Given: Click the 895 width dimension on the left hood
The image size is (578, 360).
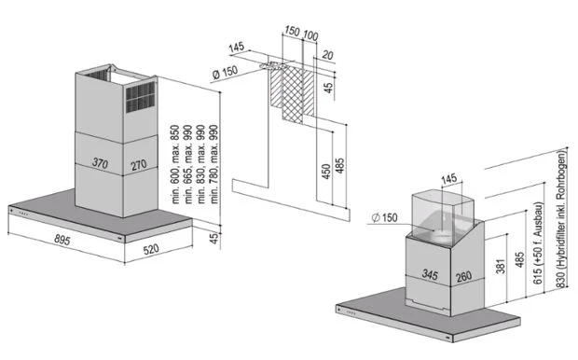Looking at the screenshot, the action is click(x=62, y=240).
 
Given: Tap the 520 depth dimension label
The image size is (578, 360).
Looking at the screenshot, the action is click(x=151, y=250).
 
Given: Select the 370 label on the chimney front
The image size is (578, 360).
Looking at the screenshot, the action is click(x=100, y=162).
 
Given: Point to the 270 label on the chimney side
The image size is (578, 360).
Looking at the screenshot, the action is click(x=139, y=165).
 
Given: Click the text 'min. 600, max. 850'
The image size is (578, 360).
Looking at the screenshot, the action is click(x=175, y=164).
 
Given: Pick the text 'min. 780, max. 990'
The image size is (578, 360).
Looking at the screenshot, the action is click(x=213, y=164).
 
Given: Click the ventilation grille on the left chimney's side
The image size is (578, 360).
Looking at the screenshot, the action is click(x=141, y=97).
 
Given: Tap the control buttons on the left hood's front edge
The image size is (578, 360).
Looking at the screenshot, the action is click(x=23, y=212).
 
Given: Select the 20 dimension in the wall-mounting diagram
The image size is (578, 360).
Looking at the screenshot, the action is click(x=327, y=55).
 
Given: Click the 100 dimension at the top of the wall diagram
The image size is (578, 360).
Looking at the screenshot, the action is click(x=310, y=35).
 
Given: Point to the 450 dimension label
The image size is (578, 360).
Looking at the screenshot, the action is click(x=326, y=172).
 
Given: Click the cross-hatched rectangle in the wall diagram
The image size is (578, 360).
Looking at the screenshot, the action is click(x=293, y=95).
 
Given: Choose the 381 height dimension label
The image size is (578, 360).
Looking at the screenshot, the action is click(x=501, y=265).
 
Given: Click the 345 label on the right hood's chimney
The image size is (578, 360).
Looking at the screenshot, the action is click(x=430, y=274).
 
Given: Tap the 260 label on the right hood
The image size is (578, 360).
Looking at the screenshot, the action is click(x=463, y=277).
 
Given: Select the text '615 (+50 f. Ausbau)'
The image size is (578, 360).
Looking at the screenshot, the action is click(x=538, y=243).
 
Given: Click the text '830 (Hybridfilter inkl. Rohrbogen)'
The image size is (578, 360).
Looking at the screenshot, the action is click(x=560, y=218).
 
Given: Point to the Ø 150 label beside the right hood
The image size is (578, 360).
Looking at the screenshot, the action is click(x=384, y=217).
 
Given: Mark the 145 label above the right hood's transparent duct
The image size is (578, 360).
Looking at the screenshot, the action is click(x=448, y=179).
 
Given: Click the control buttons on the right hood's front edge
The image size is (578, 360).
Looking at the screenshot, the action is click(x=351, y=313).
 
